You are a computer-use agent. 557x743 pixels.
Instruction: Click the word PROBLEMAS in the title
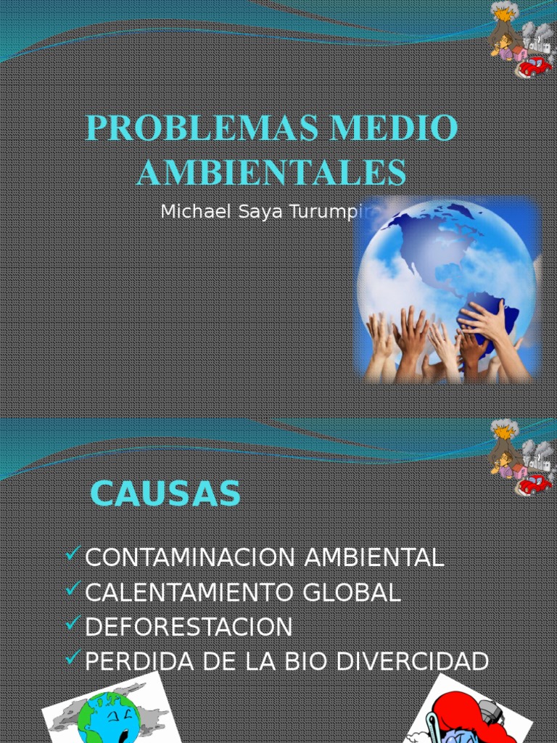202,128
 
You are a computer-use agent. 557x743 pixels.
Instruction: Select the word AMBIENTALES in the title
272,173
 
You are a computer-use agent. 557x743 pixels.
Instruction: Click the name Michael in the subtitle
187,212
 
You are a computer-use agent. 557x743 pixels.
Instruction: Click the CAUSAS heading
165,495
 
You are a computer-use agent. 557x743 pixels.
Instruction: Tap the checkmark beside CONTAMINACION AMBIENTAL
73,555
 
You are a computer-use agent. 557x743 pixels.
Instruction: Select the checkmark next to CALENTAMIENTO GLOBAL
73,590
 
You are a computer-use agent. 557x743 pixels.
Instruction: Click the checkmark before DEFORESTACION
73,624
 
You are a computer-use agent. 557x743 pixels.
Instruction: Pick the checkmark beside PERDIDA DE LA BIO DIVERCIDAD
73,658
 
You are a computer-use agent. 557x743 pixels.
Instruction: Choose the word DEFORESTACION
189,627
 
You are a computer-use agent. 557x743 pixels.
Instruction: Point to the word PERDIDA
129,662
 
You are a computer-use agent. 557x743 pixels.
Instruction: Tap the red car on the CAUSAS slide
535,483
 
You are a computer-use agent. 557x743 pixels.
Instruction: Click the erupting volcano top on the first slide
503,12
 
